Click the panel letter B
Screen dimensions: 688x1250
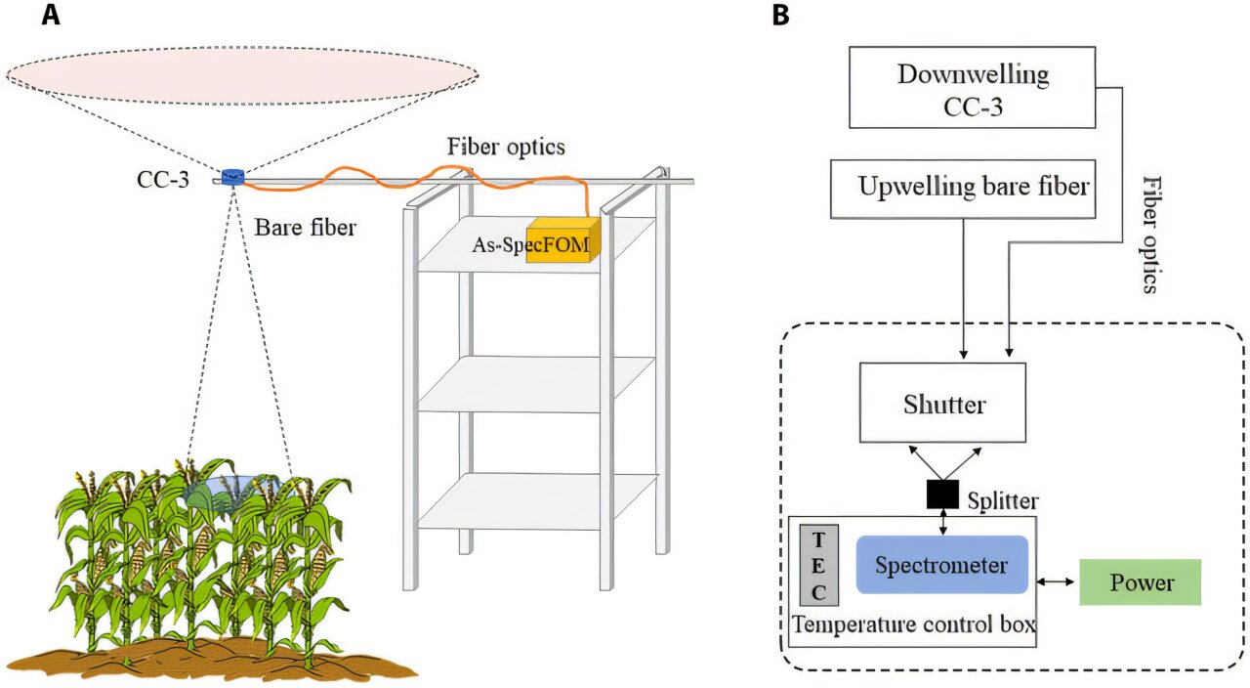[781, 15]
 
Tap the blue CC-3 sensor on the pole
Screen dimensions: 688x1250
[232, 176]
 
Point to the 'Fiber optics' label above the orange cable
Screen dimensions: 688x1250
[506, 148]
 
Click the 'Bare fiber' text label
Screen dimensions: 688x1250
[306, 228]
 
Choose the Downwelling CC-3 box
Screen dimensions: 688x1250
[973, 87]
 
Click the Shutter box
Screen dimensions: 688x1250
[942, 403]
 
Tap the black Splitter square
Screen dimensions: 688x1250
[942, 496]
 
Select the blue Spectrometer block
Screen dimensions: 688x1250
[941, 565]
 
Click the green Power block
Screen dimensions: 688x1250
[1140, 582]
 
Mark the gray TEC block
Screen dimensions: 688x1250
[818, 565]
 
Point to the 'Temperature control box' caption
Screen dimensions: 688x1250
[913, 624]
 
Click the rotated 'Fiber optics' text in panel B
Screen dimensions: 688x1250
[1152, 235]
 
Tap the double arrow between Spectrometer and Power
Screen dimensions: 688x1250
[1054, 582]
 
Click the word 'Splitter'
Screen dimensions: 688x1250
[1003, 500]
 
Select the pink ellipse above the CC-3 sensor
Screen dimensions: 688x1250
[242, 74]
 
